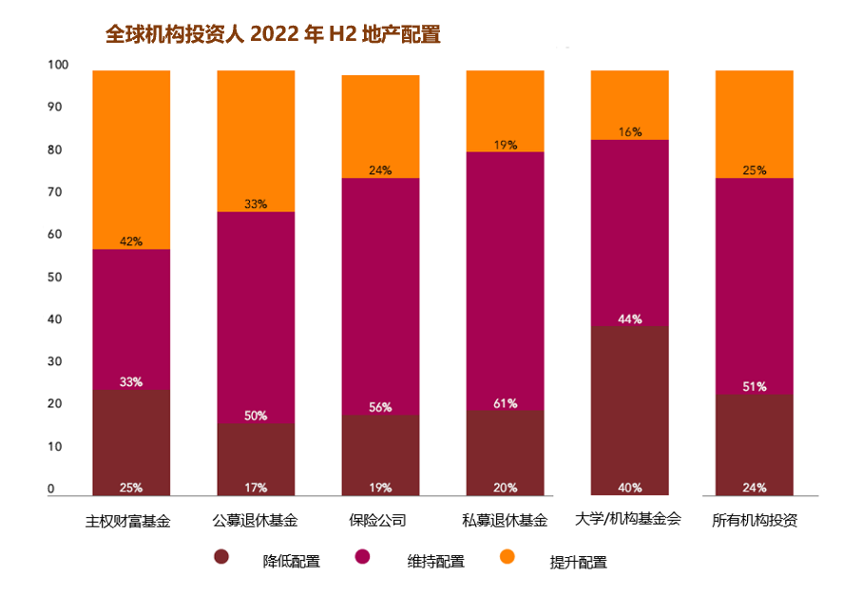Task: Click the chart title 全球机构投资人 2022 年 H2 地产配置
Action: point(273,34)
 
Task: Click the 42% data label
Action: point(131,241)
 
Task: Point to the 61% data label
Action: point(505,403)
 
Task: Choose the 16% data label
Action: point(630,132)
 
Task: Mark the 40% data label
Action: point(630,488)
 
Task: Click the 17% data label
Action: point(256,488)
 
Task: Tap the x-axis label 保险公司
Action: point(377,521)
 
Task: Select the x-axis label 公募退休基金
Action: point(255,521)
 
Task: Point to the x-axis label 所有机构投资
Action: point(755,521)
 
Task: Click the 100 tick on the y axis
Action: point(58,65)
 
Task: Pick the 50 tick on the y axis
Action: point(55,277)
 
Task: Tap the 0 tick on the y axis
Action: point(51,490)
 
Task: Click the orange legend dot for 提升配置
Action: point(508,556)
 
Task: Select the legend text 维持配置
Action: point(435,562)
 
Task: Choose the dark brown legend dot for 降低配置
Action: point(221,556)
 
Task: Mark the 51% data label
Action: point(755,386)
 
